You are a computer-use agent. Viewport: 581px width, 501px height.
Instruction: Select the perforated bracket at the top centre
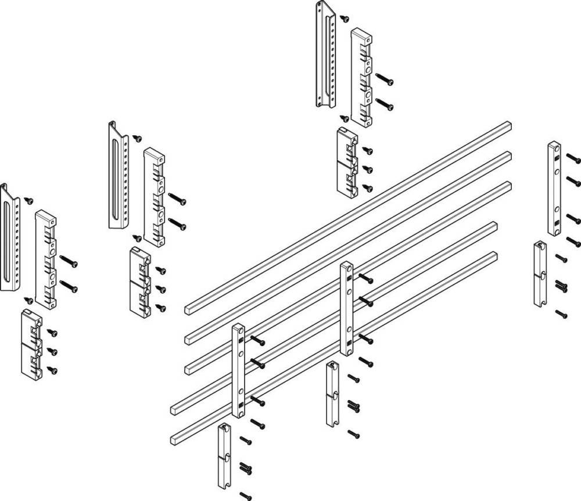click(326, 55)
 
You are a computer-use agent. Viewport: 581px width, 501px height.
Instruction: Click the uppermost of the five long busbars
click(349, 215)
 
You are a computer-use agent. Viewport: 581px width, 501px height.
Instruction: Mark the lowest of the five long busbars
click(334, 343)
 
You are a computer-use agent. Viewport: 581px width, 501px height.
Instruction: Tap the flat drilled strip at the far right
click(554, 188)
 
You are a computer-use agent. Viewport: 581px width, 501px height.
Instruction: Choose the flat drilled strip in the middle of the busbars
click(346, 308)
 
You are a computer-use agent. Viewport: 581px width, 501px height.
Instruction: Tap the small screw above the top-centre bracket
click(345, 19)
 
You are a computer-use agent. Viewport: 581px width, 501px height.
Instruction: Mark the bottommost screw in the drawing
click(246, 496)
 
